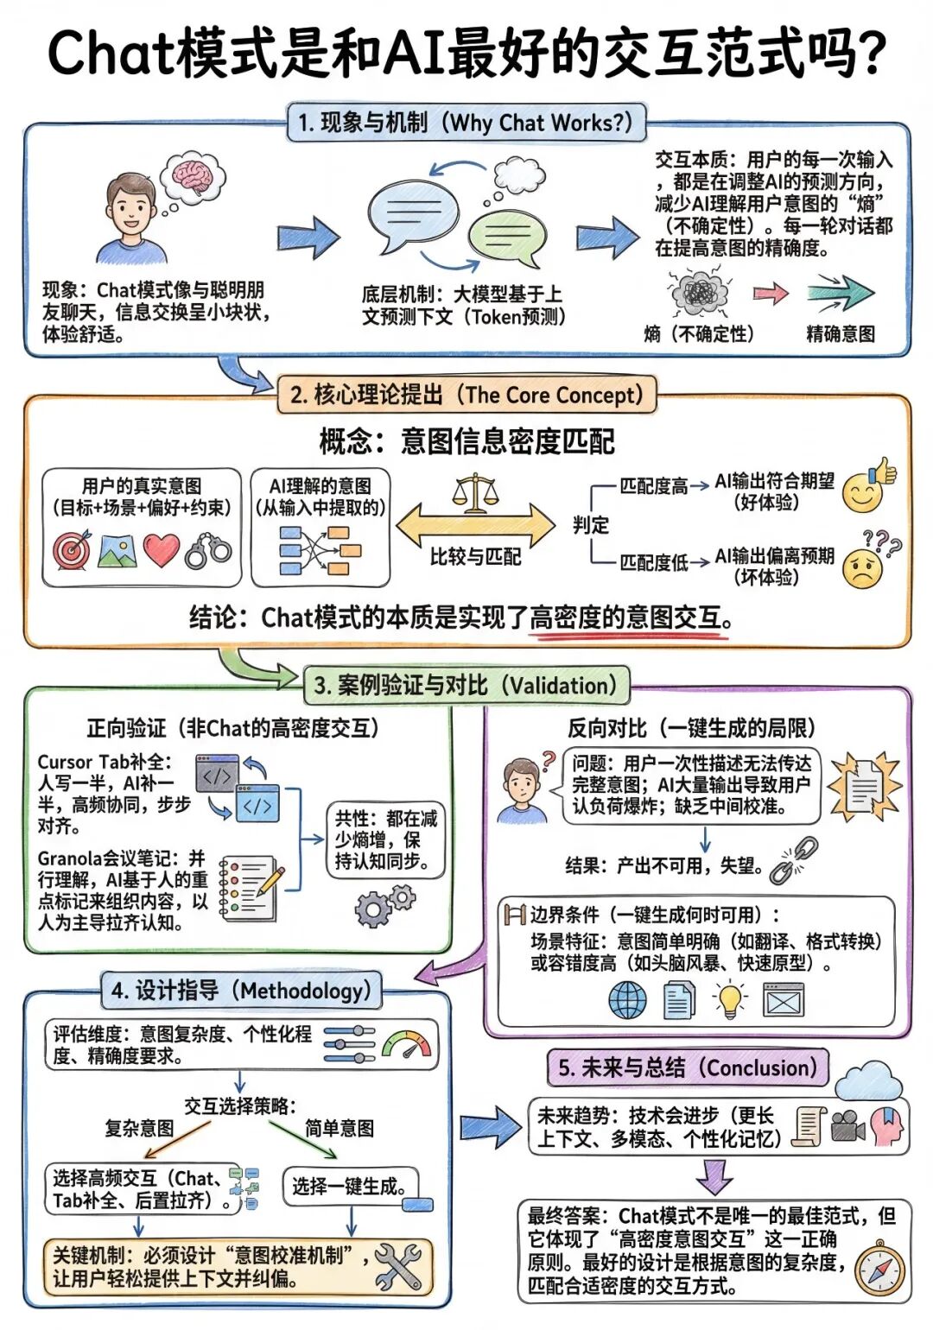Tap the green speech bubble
point(506,238)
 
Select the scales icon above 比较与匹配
point(475,493)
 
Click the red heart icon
point(162,550)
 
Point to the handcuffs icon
point(208,551)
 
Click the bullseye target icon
point(72,550)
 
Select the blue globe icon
point(628,1000)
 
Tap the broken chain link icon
point(794,862)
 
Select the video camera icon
point(847,1126)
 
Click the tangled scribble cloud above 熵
point(699,293)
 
